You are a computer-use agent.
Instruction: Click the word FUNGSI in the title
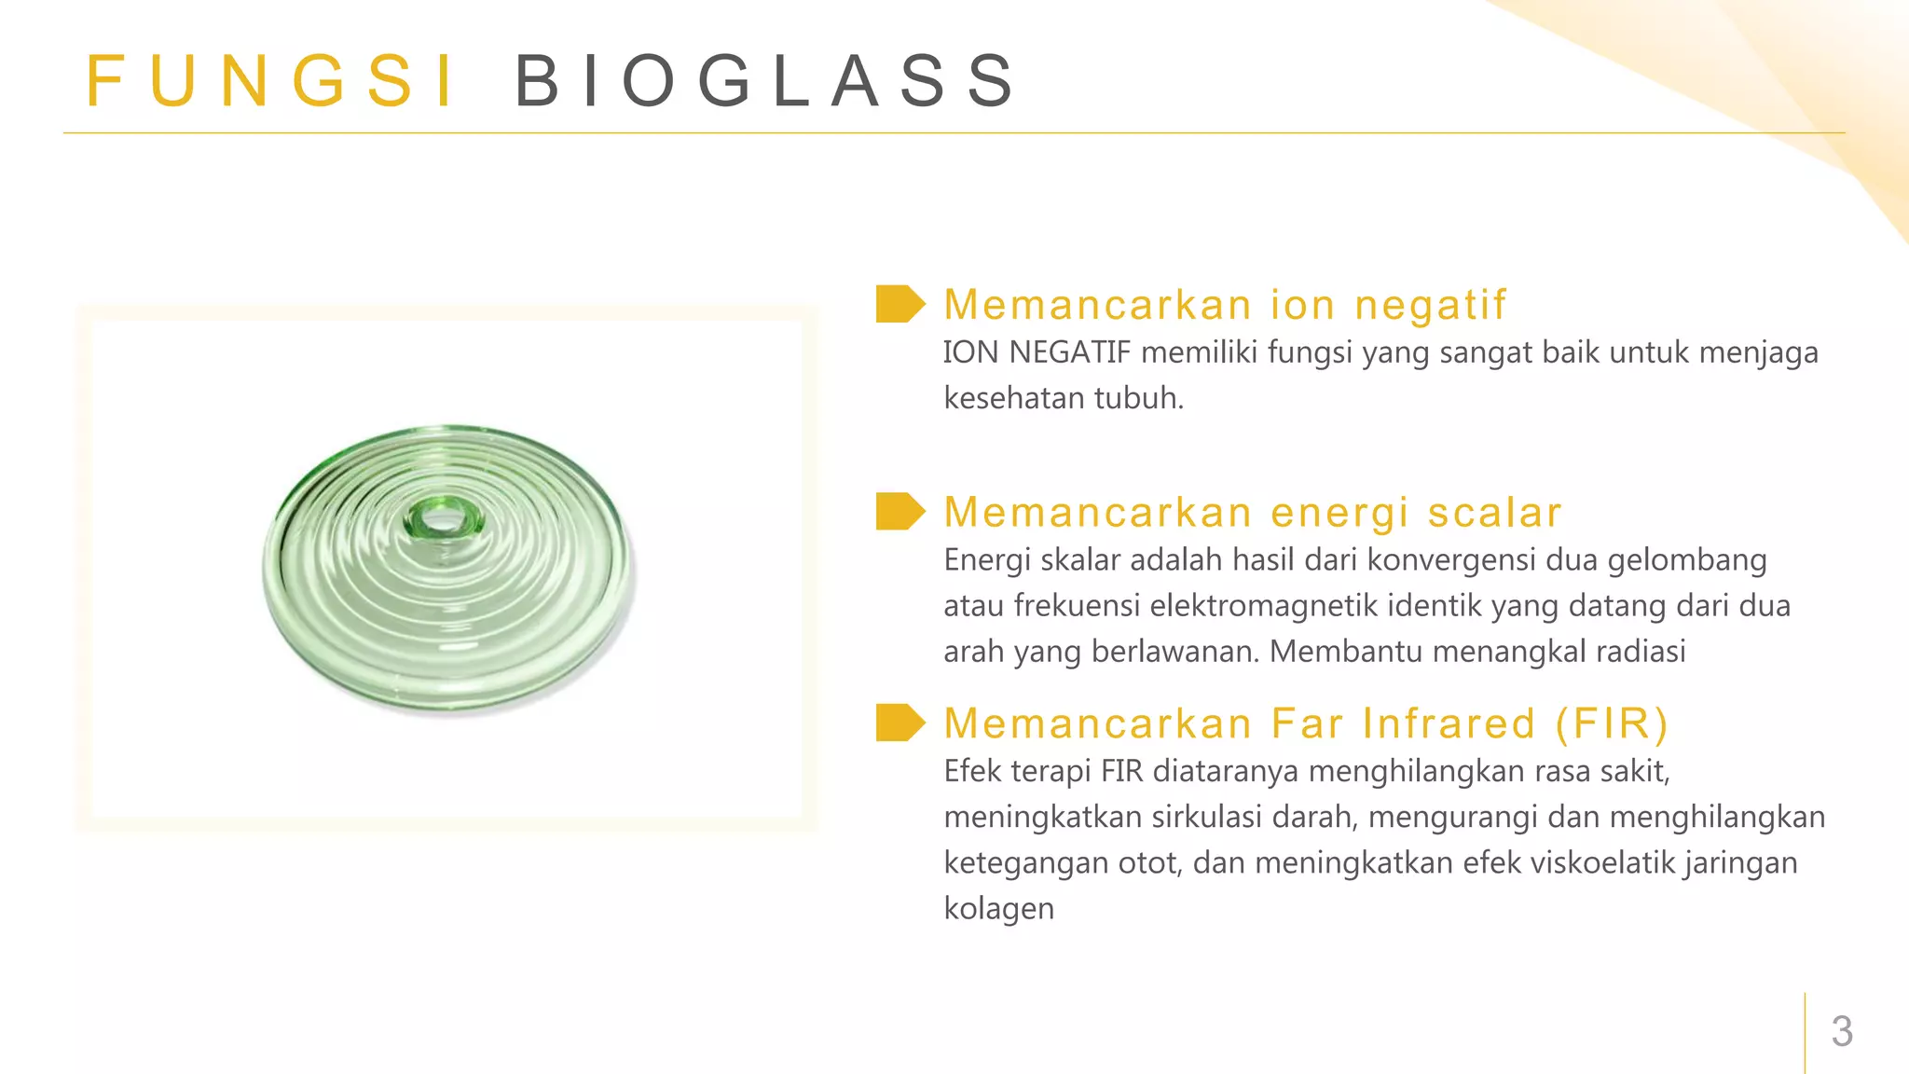tap(270, 81)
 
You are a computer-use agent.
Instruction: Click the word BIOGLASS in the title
tap(764, 81)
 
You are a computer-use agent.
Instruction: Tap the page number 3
tap(1842, 1031)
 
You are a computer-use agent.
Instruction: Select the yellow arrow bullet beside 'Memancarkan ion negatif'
tap(900, 304)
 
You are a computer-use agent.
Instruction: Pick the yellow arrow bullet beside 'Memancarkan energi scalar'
tap(900, 511)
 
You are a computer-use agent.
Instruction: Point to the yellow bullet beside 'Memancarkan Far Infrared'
tap(900, 723)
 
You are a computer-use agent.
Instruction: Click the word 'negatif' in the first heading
tap(1430, 305)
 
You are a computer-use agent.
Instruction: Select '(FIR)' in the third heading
tap(1612, 723)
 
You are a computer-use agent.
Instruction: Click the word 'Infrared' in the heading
tap(1449, 723)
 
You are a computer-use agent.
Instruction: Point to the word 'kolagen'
tap(998, 908)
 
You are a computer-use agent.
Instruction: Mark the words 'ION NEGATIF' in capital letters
tap(1037, 352)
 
